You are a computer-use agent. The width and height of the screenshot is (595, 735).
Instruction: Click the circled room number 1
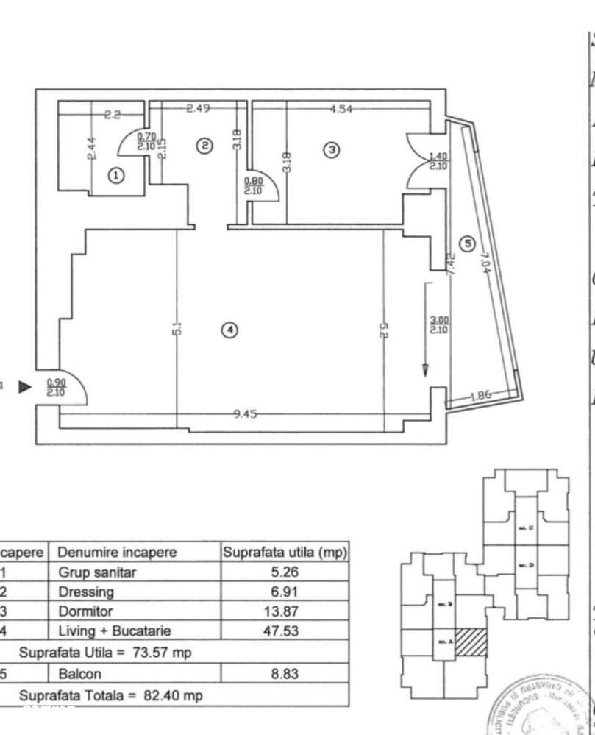[x=115, y=175]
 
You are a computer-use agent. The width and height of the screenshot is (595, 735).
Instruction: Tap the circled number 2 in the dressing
[x=207, y=146]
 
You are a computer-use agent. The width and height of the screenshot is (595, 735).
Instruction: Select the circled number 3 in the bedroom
[x=332, y=149]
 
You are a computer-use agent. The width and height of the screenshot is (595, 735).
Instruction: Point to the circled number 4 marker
[x=230, y=330]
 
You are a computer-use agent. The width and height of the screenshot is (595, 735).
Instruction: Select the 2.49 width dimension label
[x=198, y=109]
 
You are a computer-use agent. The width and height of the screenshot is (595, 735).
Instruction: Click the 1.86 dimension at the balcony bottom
[x=479, y=395]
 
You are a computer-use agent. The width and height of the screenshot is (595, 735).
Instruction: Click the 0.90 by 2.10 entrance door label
[x=55, y=387]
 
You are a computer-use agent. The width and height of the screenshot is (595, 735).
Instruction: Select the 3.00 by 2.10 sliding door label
[x=439, y=324]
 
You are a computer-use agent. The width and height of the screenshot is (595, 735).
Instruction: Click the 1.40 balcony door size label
[x=438, y=161]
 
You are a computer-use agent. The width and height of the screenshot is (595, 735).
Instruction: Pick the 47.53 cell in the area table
[x=284, y=631]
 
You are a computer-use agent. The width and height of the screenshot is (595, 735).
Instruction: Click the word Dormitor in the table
[x=82, y=611]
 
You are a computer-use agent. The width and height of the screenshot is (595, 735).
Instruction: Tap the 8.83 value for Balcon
[x=284, y=673]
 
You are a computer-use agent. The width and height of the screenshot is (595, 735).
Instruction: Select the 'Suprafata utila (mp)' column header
[x=285, y=553]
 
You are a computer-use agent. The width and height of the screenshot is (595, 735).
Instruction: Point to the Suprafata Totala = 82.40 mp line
[x=110, y=695]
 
